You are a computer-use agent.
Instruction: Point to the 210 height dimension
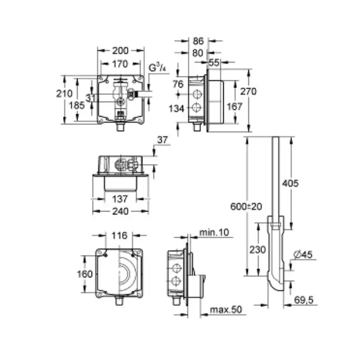coord(64,94)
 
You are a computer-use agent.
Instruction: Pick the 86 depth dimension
coord(198,41)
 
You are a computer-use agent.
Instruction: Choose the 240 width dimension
coord(120,211)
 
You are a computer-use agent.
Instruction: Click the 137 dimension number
coord(120,198)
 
